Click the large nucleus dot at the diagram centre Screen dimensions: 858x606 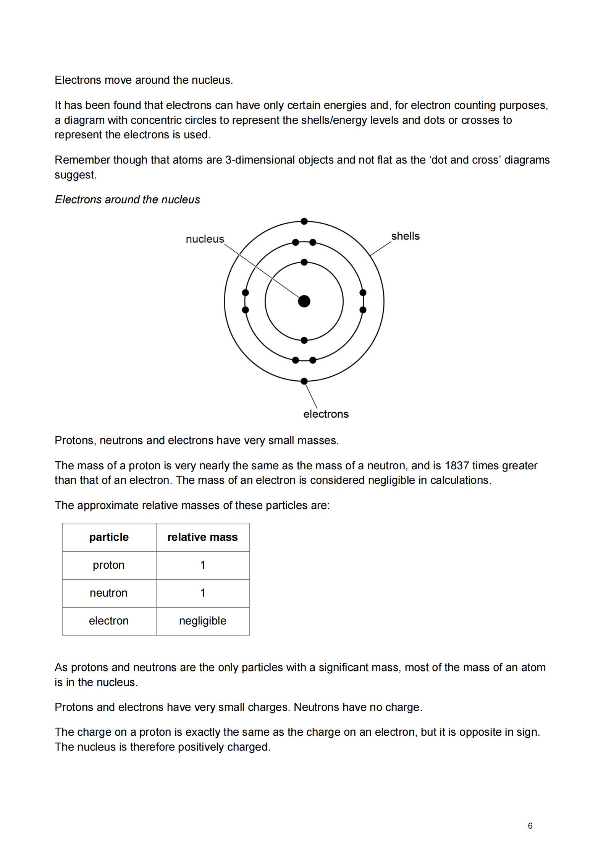304,301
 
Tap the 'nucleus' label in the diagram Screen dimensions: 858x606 205,239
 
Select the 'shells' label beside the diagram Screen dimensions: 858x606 405,236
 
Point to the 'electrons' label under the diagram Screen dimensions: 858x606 326,414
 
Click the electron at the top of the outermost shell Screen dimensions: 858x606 304,221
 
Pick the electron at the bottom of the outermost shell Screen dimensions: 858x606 304,381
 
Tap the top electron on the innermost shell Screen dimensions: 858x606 304,262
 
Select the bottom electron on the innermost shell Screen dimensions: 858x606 304,340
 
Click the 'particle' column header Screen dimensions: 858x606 109,537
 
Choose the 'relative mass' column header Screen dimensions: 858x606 202,537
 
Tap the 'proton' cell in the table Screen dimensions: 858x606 109,565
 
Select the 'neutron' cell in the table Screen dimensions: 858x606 109,593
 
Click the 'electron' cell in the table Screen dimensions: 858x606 109,621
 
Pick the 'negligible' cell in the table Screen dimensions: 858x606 202,621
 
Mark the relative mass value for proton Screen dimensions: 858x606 202,565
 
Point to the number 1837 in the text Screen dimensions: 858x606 457,465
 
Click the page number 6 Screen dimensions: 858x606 530,826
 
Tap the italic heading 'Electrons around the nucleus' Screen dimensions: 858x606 127,199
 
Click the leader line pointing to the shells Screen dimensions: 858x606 381,248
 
